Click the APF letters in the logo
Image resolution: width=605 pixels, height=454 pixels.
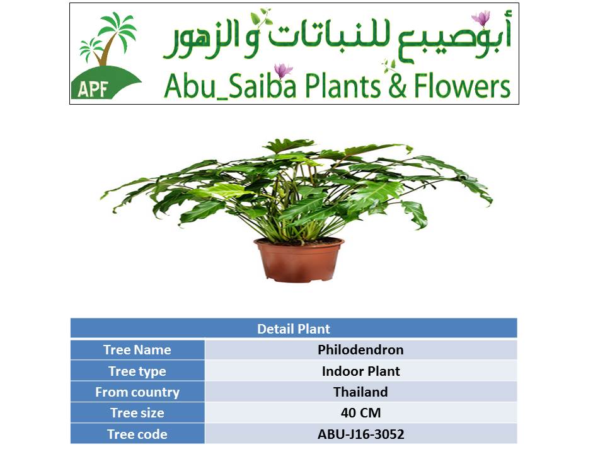(x=92, y=89)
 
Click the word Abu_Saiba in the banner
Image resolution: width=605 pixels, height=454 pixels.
(x=230, y=86)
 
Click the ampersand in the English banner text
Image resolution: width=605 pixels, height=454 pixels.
(x=397, y=86)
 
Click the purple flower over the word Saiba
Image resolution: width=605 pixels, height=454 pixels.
(x=283, y=71)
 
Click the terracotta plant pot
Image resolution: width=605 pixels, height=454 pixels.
(x=299, y=260)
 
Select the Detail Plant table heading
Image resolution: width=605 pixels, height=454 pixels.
(x=293, y=329)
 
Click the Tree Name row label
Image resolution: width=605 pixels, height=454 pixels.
(x=137, y=350)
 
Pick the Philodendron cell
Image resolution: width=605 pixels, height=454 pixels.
(x=360, y=350)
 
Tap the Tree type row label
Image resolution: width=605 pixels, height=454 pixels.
(x=137, y=371)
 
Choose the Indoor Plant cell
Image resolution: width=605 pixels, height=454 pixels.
(x=360, y=371)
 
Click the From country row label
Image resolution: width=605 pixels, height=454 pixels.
(x=137, y=392)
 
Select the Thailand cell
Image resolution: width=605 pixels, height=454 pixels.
(x=360, y=392)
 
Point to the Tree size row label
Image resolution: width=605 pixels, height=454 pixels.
(x=137, y=412)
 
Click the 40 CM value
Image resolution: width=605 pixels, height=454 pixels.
(x=360, y=412)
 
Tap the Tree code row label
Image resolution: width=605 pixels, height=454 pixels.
(x=137, y=434)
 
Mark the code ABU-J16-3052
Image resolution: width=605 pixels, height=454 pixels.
(x=360, y=434)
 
